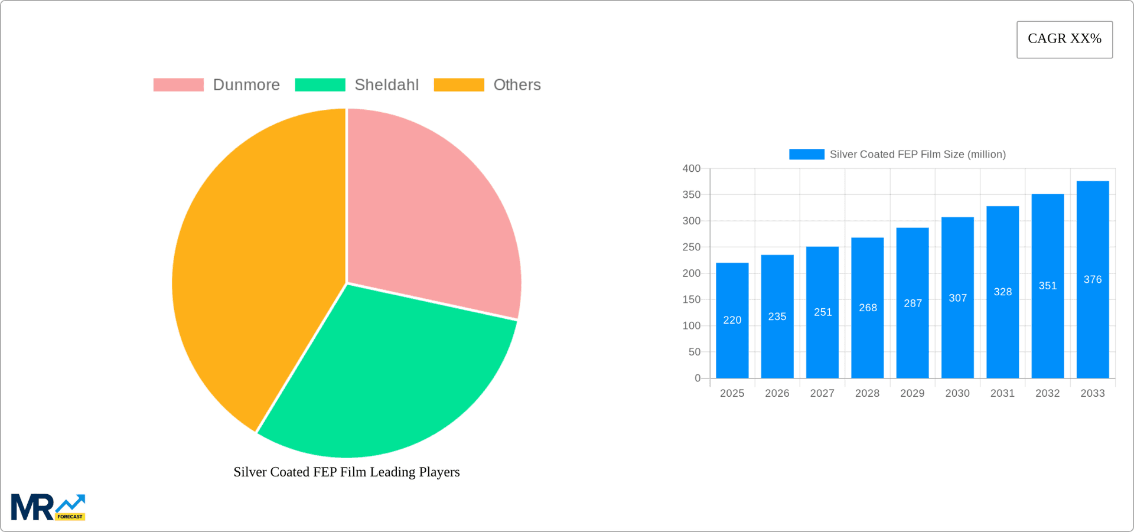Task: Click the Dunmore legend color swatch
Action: tap(178, 85)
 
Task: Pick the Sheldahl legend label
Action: tap(386, 85)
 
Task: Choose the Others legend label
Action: tap(517, 85)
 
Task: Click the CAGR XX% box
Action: tap(1064, 39)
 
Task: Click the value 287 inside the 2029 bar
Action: tap(913, 303)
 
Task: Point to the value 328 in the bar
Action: tap(1002, 292)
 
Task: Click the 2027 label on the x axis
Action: tap(822, 393)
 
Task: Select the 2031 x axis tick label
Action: tap(1002, 393)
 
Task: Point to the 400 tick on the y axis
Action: tap(691, 168)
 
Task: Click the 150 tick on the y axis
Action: tap(691, 299)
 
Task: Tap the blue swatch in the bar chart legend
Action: tap(806, 154)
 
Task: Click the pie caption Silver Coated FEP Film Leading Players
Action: tap(346, 472)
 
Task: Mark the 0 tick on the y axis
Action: tap(698, 378)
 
